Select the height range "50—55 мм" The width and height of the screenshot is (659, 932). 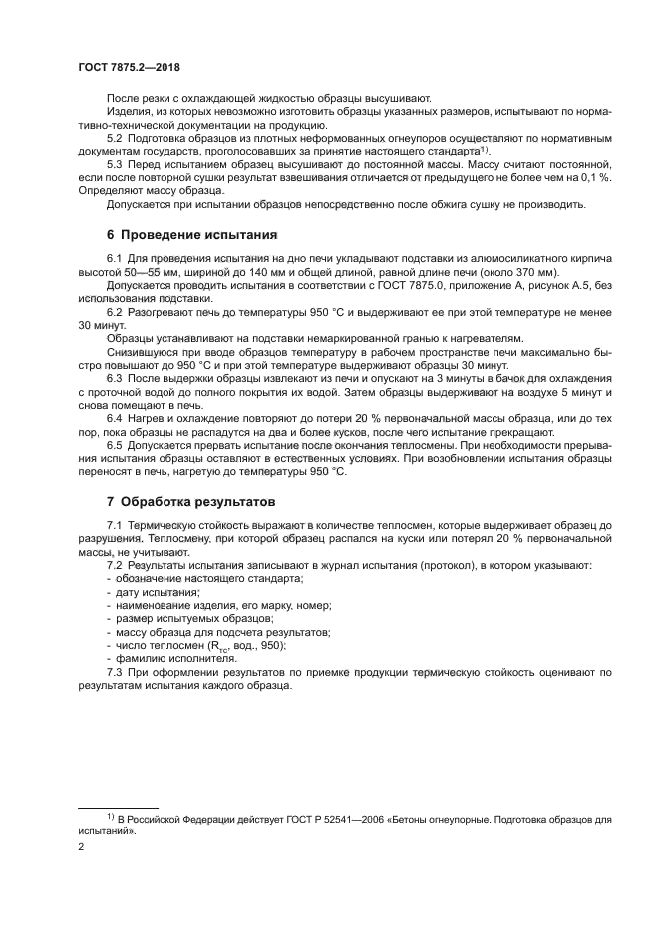[x=160, y=272]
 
